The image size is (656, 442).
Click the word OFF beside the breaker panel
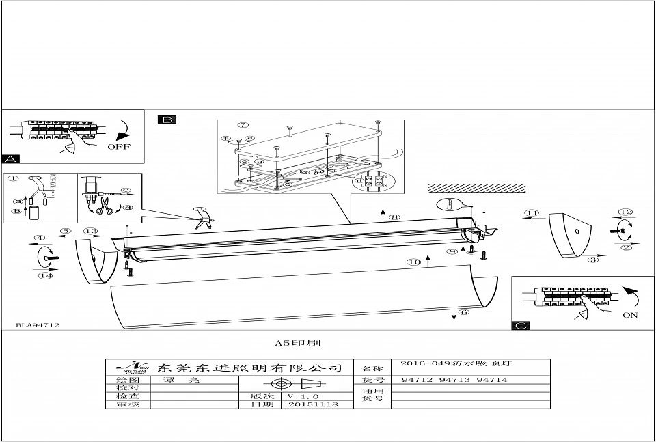118,146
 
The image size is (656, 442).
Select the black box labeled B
167,120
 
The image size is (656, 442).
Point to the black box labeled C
521,325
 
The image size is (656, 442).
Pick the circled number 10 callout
413,262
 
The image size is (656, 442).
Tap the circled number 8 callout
394,218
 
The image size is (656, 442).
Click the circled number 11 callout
531,213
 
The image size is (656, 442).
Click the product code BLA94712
38,326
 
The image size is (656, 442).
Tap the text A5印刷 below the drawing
292,344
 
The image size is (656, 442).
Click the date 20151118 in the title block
304,404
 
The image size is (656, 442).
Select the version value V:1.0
303,396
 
